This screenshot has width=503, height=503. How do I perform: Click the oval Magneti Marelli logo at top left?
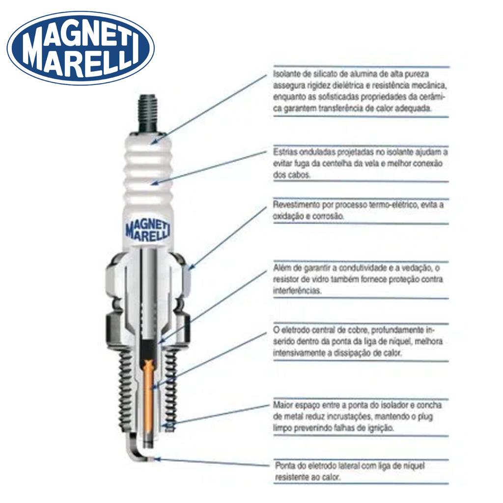(x=81, y=48)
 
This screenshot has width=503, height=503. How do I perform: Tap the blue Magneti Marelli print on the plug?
(x=148, y=229)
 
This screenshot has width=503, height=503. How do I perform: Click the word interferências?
(x=297, y=291)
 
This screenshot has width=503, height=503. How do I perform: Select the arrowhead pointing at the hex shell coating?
(x=191, y=266)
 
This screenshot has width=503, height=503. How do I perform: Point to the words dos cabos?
(x=292, y=175)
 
